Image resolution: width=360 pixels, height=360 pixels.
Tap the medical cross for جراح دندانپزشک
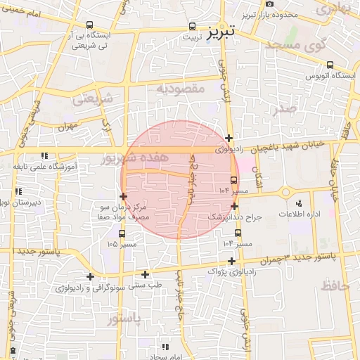click(234, 206)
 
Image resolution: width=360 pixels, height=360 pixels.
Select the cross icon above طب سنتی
click(146, 274)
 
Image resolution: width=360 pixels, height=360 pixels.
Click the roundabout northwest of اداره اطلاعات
click(285, 192)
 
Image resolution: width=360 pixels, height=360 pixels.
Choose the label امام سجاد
click(165, 356)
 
